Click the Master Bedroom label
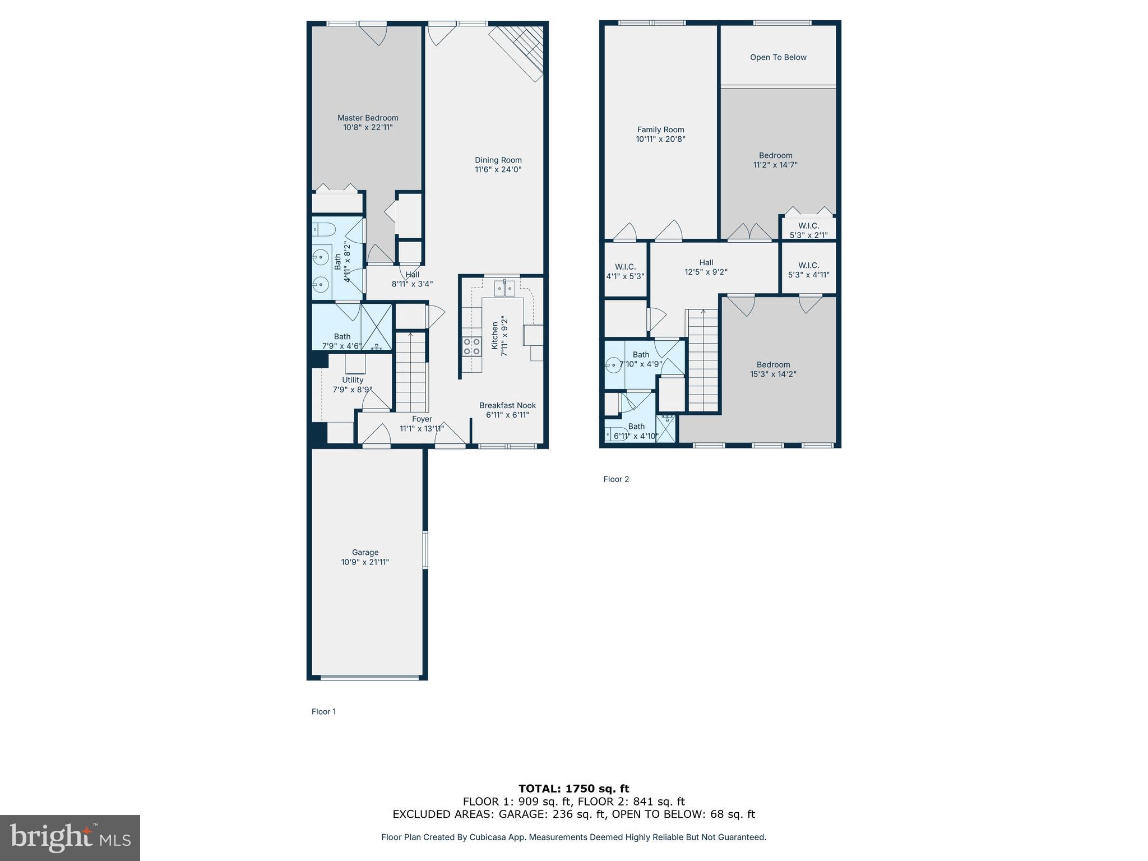(368, 118)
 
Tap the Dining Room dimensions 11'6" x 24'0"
(498, 169)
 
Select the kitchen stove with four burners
(472, 346)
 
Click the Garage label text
(365, 552)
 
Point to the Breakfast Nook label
(507, 405)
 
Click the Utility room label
(353, 380)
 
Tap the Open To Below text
(778, 57)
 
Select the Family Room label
(660, 129)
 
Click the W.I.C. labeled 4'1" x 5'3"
(625, 271)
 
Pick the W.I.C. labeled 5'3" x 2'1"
(808, 230)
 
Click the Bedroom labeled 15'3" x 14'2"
(773, 369)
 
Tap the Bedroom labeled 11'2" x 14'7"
(775, 160)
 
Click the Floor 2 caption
(616, 479)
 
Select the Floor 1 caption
(323, 712)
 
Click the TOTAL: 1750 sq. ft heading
(573, 789)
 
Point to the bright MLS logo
(70, 837)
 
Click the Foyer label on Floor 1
(422, 419)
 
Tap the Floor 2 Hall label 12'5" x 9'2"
(706, 267)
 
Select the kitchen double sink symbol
(504, 288)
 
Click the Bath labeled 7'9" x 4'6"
(342, 341)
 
